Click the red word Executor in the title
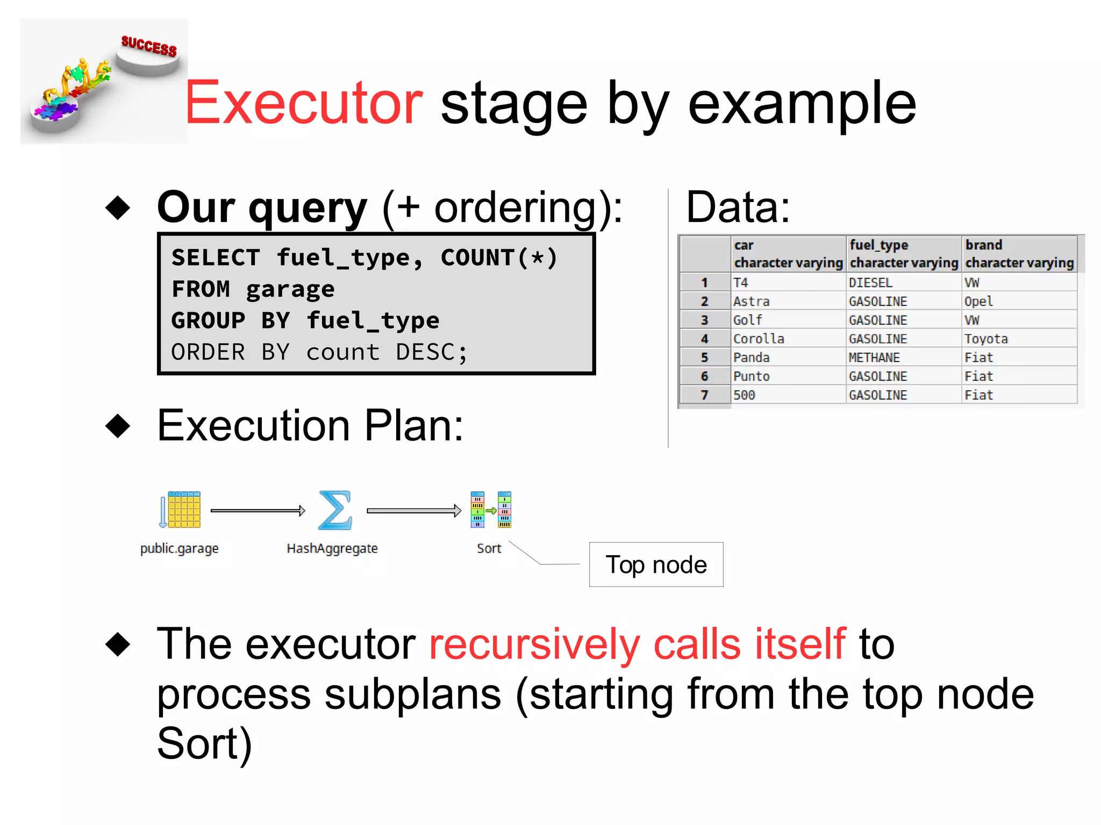point(304,103)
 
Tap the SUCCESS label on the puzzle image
point(149,46)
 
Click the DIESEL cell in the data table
point(870,283)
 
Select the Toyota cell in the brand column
point(985,339)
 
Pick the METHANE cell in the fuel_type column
point(874,358)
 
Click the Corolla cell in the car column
point(759,339)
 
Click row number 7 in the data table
point(704,396)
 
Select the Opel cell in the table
point(978,302)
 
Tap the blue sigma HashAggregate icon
point(334,510)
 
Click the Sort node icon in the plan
point(490,510)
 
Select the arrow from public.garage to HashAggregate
point(258,511)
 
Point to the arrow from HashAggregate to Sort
point(414,511)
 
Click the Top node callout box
point(656,564)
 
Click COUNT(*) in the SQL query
point(499,258)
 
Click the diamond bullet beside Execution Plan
point(118,426)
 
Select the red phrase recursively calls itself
point(638,644)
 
